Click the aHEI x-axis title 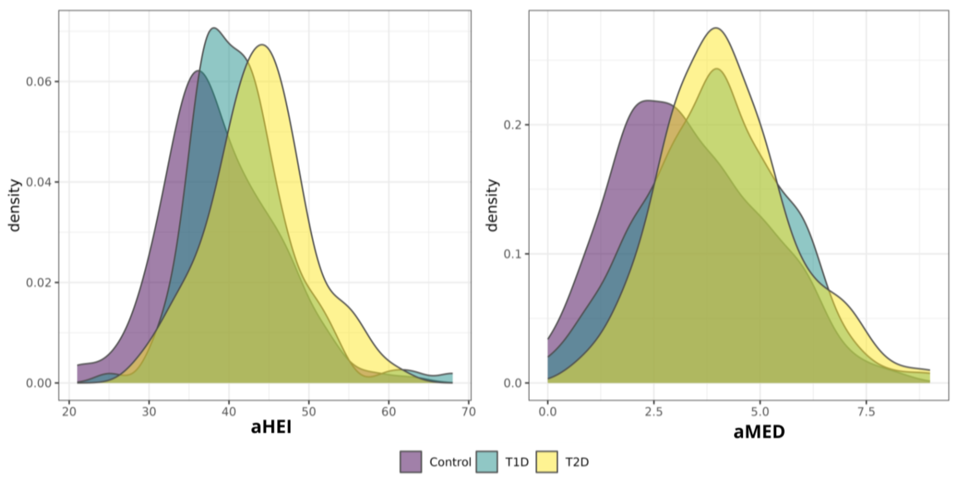(271, 427)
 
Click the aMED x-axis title (759, 432)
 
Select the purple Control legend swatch (411, 462)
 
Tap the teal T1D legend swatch (487, 462)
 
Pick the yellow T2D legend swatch (547, 462)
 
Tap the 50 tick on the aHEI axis (309, 412)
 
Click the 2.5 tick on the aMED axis (654, 412)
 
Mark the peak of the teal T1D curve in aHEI (213, 28)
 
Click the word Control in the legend (450, 462)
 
